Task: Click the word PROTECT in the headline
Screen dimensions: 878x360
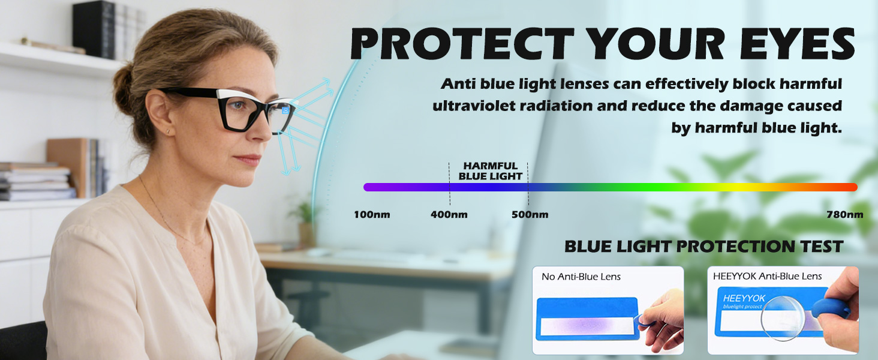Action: coord(462,44)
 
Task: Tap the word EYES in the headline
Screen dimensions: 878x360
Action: coord(798,44)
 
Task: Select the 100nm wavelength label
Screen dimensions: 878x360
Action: coord(372,215)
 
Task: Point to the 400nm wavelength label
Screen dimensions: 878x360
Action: coord(449,215)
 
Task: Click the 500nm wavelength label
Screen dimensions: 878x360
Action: coord(530,215)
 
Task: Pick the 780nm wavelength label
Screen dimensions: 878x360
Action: coord(845,215)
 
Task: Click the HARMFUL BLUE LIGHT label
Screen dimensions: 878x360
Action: coord(491,171)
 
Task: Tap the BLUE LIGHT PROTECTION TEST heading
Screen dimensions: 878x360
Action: coord(703,247)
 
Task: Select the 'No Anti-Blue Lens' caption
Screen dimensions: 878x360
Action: coord(581,277)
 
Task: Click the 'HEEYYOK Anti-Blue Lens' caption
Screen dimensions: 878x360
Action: coord(767,277)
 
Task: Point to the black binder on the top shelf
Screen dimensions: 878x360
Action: coord(94,30)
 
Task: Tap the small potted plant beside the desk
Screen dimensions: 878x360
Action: coord(305,224)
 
